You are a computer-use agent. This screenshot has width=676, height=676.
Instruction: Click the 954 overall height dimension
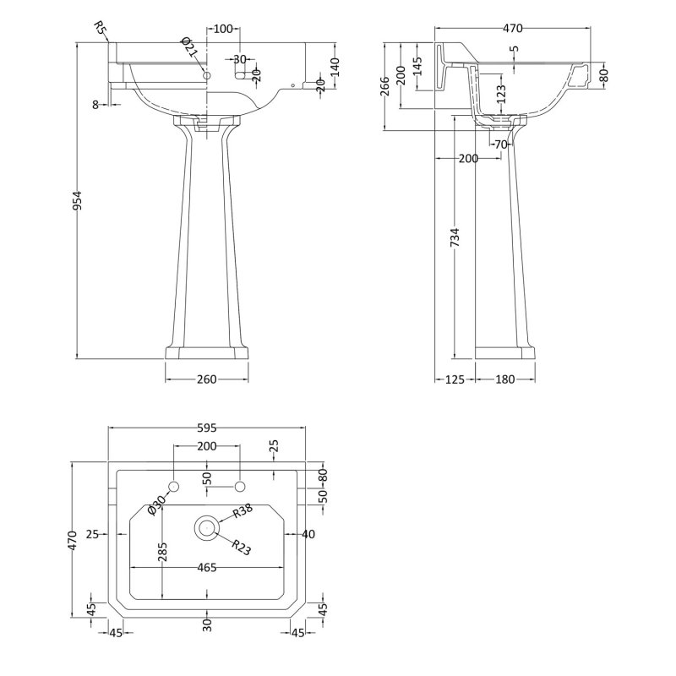[x=77, y=201]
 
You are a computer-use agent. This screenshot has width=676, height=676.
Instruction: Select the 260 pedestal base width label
[x=207, y=379]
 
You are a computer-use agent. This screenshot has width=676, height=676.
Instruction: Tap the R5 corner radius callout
[x=99, y=29]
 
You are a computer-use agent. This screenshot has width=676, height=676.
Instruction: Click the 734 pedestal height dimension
[x=455, y=237]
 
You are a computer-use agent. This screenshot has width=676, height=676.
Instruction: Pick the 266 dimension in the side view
[x=385, y=86]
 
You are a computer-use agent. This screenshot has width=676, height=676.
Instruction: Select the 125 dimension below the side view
[x=455, y=379]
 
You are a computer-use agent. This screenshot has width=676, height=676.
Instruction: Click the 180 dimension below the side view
[x=504, y=379]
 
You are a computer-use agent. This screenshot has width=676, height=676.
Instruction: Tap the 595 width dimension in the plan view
[x=207, y=428]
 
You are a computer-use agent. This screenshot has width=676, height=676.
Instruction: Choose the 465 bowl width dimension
[x=207, y=568]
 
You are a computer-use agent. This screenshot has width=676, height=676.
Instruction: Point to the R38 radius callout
[x=242, y=511]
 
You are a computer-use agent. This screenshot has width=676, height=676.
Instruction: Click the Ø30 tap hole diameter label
[x=156, y=504]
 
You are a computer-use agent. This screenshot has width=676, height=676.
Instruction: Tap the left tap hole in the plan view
[x=174, y=487]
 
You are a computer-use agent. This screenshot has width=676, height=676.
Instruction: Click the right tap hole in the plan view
[x=240, y=487]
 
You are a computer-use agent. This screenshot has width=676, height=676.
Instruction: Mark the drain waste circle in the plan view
[x=207, y=526]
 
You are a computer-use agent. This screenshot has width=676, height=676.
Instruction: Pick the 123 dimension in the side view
[x=500, y=95]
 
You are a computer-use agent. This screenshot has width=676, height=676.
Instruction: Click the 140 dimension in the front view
[x=335, y=68]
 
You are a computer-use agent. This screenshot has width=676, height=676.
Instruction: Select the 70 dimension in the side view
[x=500, y=144]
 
